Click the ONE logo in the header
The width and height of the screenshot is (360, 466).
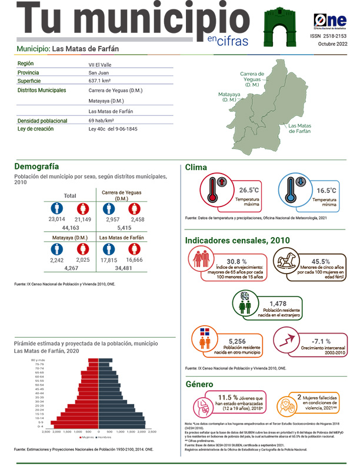point(329,20)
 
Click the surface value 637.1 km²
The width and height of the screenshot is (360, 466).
point(101,81)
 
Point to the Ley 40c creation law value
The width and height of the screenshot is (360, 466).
point(113,129)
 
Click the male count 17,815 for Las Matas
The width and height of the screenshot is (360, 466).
point(109,259)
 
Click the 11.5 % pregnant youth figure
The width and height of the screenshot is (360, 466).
point(229,397)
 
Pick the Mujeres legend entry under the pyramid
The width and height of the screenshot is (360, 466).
point(88,437)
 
